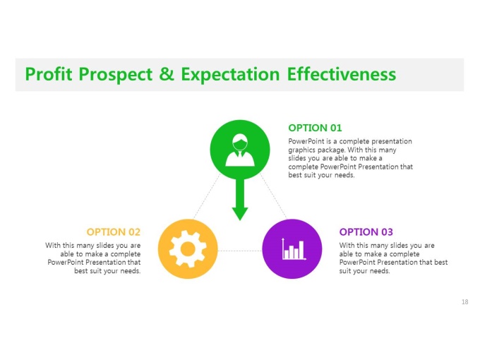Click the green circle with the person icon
click(240, 150)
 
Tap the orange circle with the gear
click(188, 249)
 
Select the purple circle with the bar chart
click(292, 249)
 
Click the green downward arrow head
click(240, 214)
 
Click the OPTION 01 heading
click(315, 128)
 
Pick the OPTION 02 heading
click(113, 232)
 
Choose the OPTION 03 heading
click(366, 232)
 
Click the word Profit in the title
click(49, 74)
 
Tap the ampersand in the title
click(167, 74)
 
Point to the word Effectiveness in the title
click(342, 74)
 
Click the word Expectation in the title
click(230, 75)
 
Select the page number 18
click(464, 302)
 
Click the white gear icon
click(188, 249)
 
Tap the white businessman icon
click(240, 150)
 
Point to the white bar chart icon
click(294, 248)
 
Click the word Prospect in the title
click(115, 75)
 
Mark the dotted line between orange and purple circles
click(240, 251)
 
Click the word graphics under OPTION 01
click(301, 150)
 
